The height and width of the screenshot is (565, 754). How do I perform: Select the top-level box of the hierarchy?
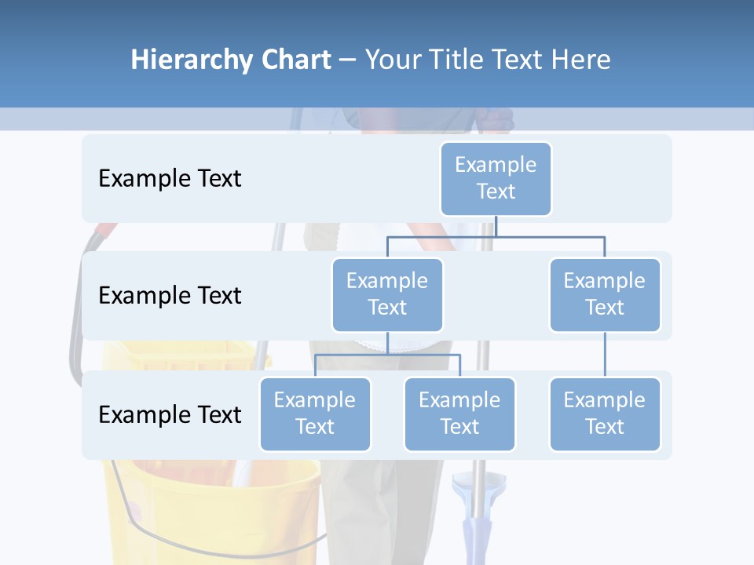click(496, 178)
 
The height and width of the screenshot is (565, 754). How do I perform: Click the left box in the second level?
click(387, 294)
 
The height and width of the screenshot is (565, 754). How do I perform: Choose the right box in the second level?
click(605, 294)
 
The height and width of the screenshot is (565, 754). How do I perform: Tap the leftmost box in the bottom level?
click(315, 414)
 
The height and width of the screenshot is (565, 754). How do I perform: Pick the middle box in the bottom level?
click(459, 414)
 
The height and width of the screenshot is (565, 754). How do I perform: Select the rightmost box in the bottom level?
click(605, 414)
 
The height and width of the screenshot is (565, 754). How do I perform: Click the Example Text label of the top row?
click(170, 178)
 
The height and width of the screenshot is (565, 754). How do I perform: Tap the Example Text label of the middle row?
click(170, 295)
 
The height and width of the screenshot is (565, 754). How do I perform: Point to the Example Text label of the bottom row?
click(170, 414)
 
